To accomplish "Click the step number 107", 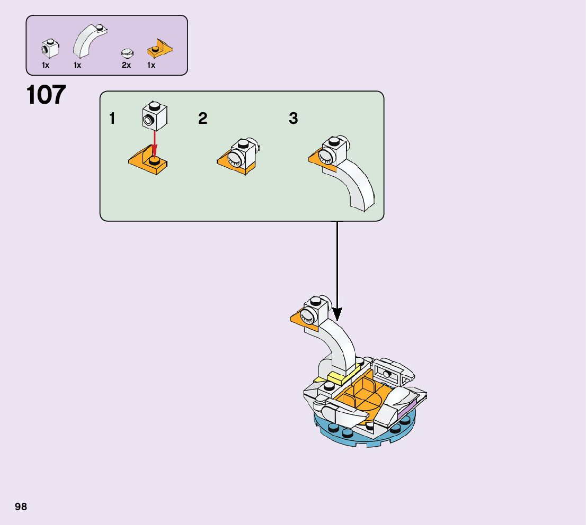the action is (x=46, y=95).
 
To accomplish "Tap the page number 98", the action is (x=21, y=507).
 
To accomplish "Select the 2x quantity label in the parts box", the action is (x=126, y=65).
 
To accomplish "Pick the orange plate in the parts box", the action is (x=160, y=49).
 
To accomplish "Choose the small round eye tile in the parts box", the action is (x=127, y=52).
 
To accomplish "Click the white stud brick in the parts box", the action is (x=49, y=49).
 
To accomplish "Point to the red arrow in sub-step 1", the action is (x=155, y=143).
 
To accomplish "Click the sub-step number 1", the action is (x=112, y=119).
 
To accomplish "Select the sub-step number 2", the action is (x=202, y=119).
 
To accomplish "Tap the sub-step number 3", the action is (x=293, y=119).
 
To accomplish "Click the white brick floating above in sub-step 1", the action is (x=155, y=115).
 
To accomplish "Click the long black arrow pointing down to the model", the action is (x=337, y=270).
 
